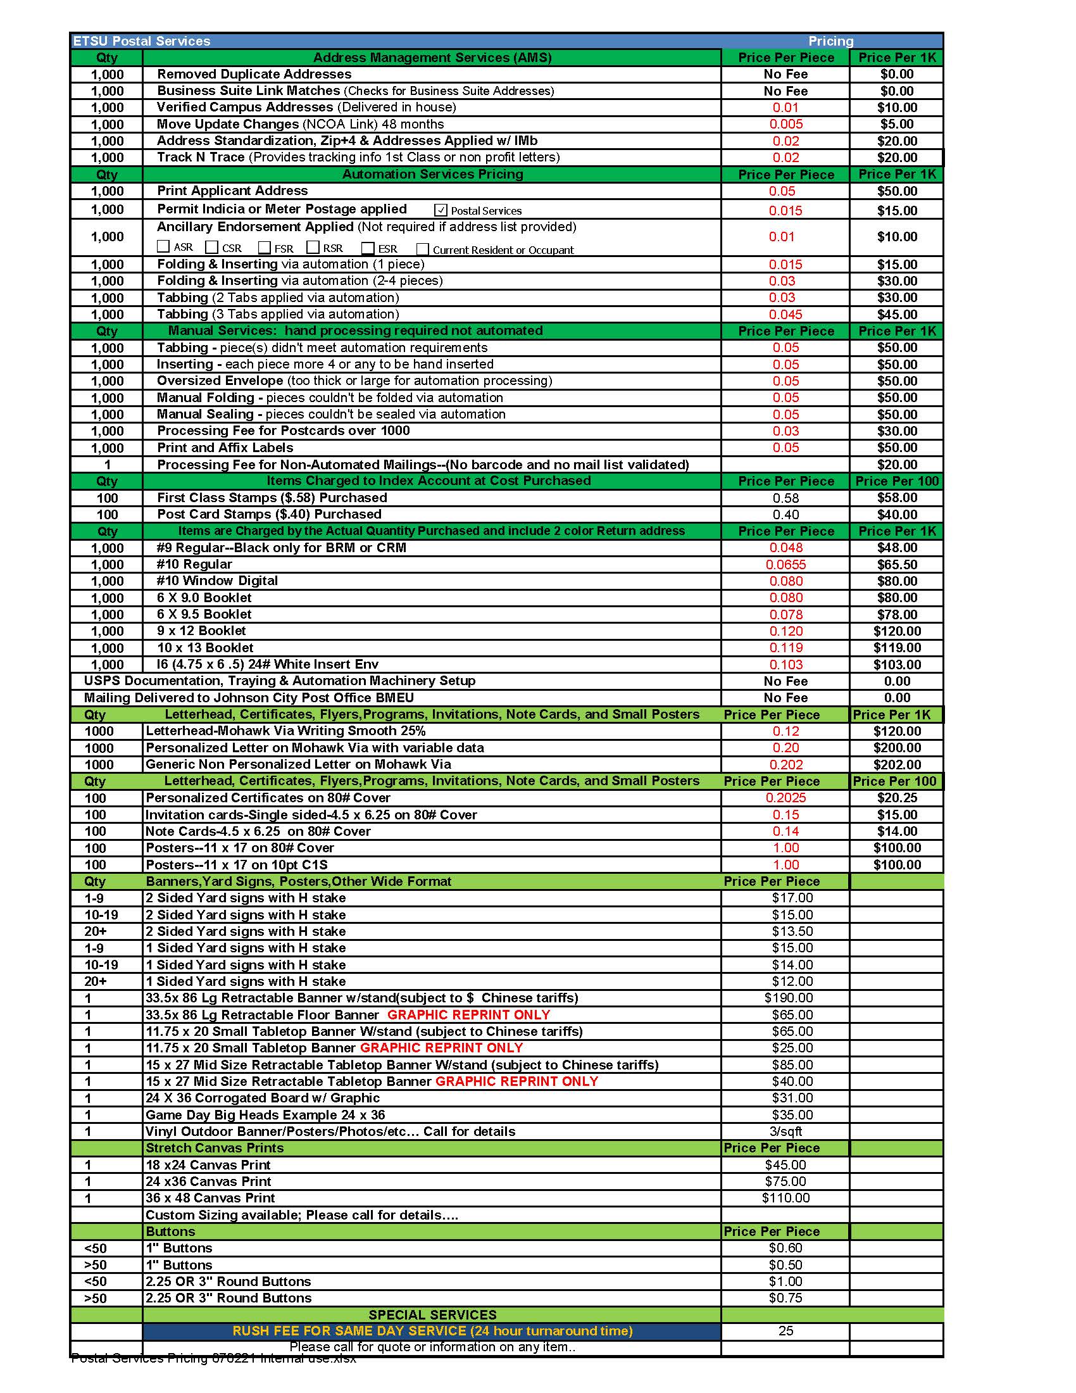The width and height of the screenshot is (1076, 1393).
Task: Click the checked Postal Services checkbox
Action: point(441,210)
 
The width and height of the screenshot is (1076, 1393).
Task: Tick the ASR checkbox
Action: point(163,247)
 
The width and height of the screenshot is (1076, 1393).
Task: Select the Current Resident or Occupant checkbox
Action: point(422,249)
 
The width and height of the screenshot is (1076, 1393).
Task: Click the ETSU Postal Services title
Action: point(142,41)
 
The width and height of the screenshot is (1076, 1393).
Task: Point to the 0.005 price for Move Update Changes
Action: point(785,123)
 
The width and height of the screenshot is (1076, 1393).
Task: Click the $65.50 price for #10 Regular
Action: point(896,564)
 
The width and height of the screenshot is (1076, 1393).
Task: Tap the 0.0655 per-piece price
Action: point(785,564)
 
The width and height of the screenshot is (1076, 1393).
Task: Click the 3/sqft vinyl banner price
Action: point(785,1131)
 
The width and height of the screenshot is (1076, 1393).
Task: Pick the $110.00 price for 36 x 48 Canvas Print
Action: point(785,1198)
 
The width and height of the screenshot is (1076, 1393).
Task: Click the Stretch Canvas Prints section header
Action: point(214,1148)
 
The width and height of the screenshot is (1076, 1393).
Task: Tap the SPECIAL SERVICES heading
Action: point(432,1314)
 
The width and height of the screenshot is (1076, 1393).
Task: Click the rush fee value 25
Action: point(785,1331)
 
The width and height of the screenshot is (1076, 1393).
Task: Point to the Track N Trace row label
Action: point(201,157)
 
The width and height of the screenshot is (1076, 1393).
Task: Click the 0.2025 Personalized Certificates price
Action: point(785,798)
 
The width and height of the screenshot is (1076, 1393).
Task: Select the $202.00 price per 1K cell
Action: point(896,764)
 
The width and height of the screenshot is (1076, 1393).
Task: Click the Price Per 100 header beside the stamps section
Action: point(896,481)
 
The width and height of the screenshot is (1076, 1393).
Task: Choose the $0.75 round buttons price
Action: point(785,1298)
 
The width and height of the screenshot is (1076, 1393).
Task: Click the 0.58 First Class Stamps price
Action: point(785,498)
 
